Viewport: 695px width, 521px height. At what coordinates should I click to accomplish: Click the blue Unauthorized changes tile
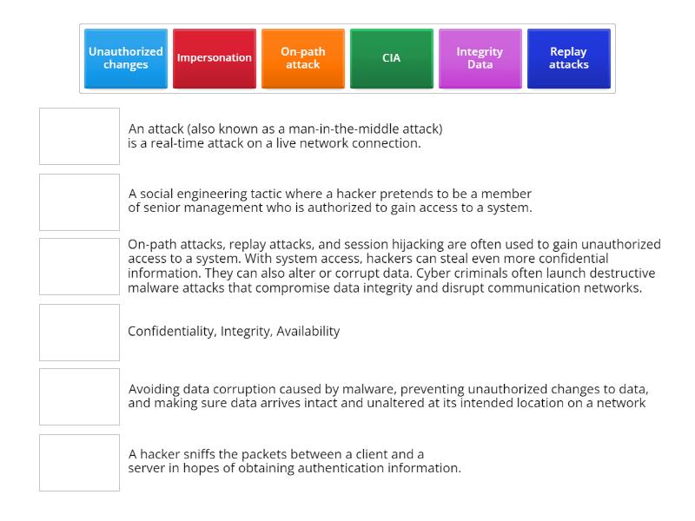(x=126, y=58)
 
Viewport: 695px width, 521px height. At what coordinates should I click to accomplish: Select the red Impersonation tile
(x=215, y=58)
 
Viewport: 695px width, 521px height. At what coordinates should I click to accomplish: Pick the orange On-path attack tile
(x=303, y=58)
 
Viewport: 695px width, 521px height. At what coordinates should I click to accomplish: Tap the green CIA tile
(x=392, y=58)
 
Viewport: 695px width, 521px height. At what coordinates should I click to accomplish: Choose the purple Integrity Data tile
(x=480, y=58)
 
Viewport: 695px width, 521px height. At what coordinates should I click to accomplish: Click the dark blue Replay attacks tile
(x=569, y=58)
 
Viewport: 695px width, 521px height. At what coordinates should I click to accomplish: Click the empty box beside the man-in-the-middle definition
(x=79, y=136)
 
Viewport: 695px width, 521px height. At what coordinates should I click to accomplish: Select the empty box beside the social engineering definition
(x=79, y=201)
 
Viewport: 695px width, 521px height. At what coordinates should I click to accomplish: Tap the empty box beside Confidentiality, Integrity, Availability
(x=79, y=332)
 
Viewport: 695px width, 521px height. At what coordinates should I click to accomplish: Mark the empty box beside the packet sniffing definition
(x=79, y=462)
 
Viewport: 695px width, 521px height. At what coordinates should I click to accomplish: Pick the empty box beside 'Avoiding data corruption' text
(x=79, y=397)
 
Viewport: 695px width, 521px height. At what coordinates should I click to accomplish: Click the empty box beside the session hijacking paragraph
(x=79, y=267)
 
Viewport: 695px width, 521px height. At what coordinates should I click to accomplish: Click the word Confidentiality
(x=170, y=331)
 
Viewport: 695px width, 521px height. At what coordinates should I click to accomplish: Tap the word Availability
(x=308, y=331)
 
